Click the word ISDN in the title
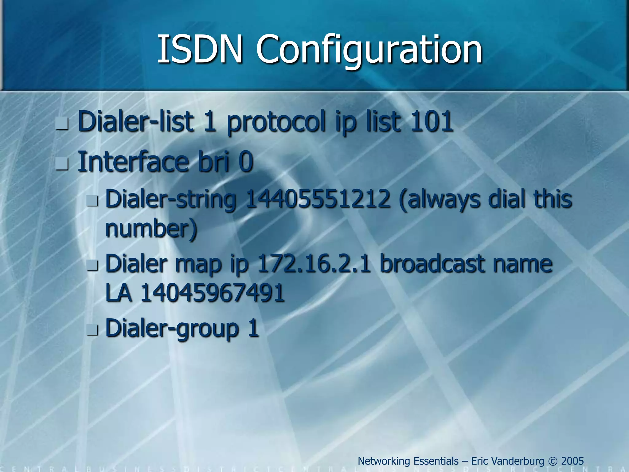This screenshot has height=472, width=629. [x=200, y=49]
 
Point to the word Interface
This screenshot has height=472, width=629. [x=134, y=162]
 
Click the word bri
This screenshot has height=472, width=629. [x=214, y=162]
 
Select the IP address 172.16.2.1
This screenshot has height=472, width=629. [x=314, y=264]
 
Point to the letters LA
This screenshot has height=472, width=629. [x=119, y=293]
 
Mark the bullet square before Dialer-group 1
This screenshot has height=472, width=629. [x=92, y=330]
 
